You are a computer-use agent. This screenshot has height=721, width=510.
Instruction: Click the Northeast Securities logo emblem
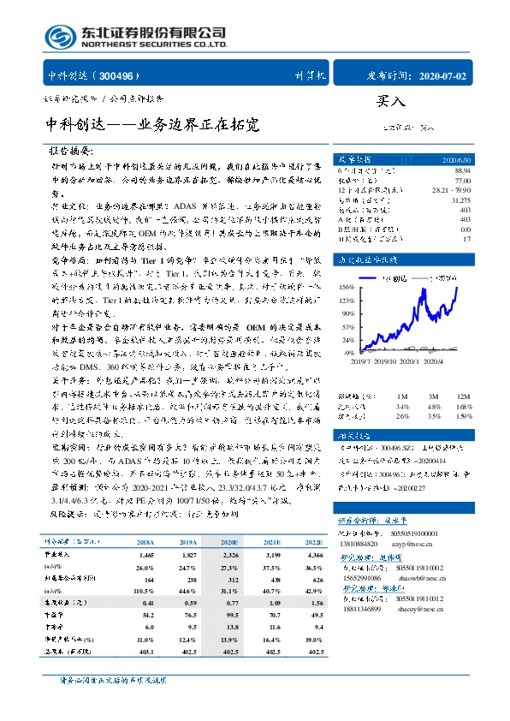pyautogui.click(x=60, y=36)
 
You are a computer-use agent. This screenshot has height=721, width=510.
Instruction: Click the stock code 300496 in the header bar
pyautogui.click(x=123, y=75)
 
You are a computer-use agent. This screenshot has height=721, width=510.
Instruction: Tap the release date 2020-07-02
pyautogui.click(x=443, y=75)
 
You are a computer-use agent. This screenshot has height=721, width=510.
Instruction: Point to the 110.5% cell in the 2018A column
pyautogui.click(x=144, y=591)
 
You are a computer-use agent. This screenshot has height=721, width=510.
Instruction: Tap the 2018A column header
pyautogui.click(x=145, y=542)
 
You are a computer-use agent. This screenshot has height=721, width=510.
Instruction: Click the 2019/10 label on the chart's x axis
pyautogui.click(x=378, y=362)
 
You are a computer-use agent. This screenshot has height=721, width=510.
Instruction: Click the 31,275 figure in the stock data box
pyautogui.click(x=459, y=200)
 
